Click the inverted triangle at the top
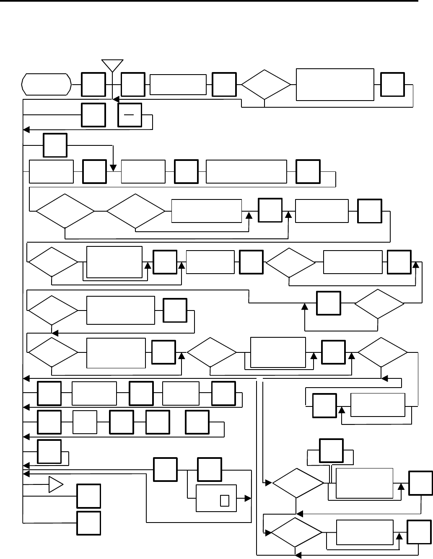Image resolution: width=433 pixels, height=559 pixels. (113, 65)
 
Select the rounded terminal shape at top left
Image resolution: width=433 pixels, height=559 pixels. (46, 84)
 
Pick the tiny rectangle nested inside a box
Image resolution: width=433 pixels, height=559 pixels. (224, 500)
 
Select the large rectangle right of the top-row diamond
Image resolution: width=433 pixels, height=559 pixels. (334, 84)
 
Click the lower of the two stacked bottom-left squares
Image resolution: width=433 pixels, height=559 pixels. (88, 523)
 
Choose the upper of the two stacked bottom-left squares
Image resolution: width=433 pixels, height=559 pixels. (88, 496)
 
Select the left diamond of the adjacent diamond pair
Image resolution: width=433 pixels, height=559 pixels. (65, 212)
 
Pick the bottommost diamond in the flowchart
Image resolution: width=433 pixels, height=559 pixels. (296, 532)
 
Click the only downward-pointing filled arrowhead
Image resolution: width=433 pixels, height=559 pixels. (113, 168)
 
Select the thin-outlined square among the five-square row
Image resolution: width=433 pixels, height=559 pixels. (85, 422)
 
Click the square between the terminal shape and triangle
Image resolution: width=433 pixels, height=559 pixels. (93, 85)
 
